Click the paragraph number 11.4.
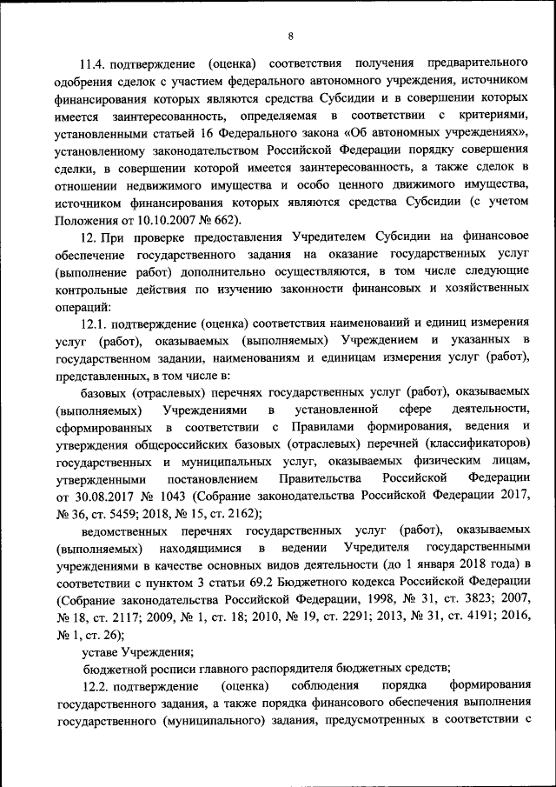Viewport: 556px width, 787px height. (96, 65)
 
